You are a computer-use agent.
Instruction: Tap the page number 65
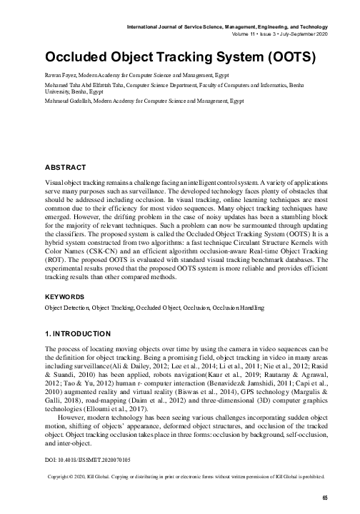(x=324, y=497)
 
